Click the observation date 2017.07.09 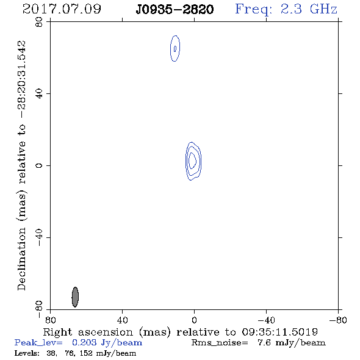(x=62, y=9)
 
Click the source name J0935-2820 (x=175, y=10)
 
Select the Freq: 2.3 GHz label (x=286, y=10)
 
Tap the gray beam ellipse (x=75, y=297)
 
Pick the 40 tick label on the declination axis (x=39, y=94)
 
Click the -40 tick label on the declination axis (x=39, y=237)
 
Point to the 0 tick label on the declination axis (x=39, y=165)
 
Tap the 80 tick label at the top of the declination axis (x=39, y=22)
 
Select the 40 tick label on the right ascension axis (x=122, y=320)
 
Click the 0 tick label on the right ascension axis (x=194, y=320)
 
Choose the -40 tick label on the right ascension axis (x=266, y=320)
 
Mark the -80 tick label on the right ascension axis (x=338, y=320)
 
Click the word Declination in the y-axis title (x=21, y=259)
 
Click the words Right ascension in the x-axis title (x=88, y=333)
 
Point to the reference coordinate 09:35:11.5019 (x=279, y=332)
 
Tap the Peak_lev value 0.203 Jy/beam (x=107, y=343)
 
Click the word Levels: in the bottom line (x=27, y=353)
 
